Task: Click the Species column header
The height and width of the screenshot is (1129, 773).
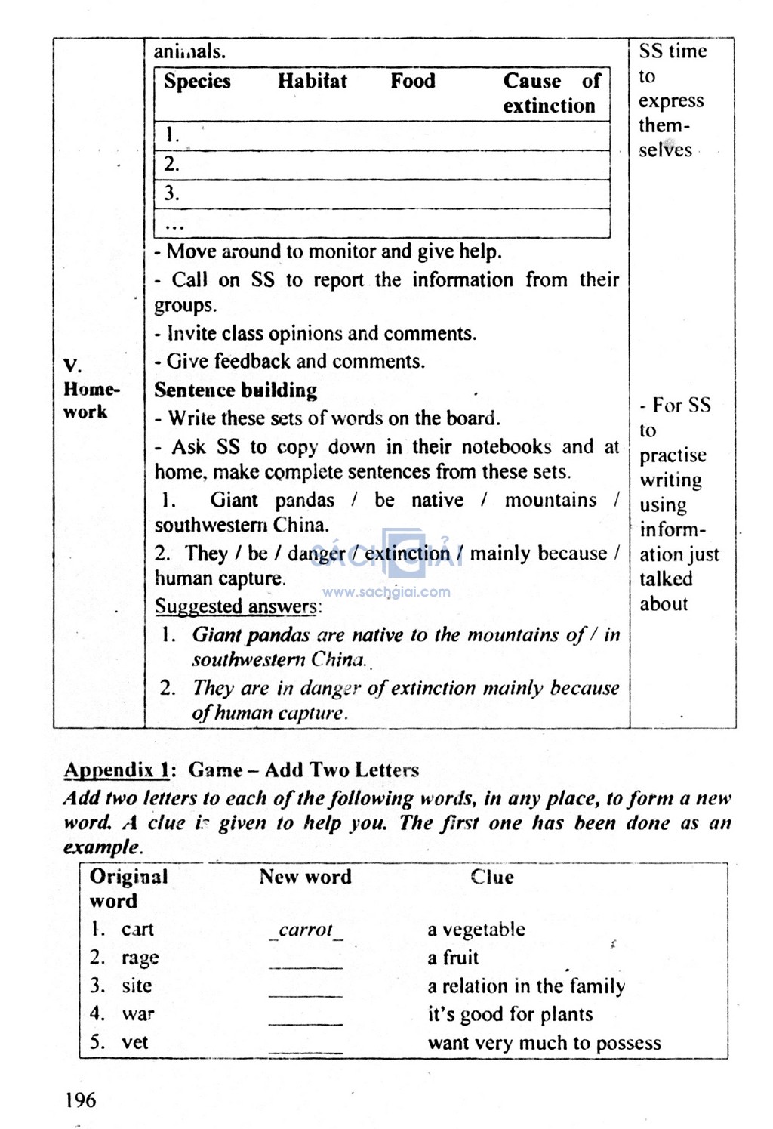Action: pos(197,82)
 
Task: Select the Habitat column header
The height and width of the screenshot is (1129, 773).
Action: pos(312,82)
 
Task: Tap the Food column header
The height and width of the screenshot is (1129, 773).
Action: pos(412,82)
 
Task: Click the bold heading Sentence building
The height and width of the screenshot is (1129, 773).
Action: pos(236,390)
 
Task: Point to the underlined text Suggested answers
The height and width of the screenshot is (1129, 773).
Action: pos(237,606)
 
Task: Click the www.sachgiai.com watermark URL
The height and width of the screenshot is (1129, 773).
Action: pos(386,592)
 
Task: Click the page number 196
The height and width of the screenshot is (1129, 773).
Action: pos(80,1100)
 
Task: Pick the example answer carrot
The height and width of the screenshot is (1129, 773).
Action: pos(306,930)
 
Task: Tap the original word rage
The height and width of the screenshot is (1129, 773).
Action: pos(140,958)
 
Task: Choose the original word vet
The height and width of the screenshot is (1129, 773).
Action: pos(135,1042)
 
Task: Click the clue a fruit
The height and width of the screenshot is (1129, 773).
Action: pos(453,958)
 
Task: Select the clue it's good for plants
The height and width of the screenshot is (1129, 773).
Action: pos(510,1014)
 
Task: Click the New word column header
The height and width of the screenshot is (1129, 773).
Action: pos(305,877)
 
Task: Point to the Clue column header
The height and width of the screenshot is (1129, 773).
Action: pos(491,877)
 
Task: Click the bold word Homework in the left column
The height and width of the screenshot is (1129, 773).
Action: pos(91,400)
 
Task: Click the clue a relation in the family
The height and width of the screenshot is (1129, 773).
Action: pos(526,986)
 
